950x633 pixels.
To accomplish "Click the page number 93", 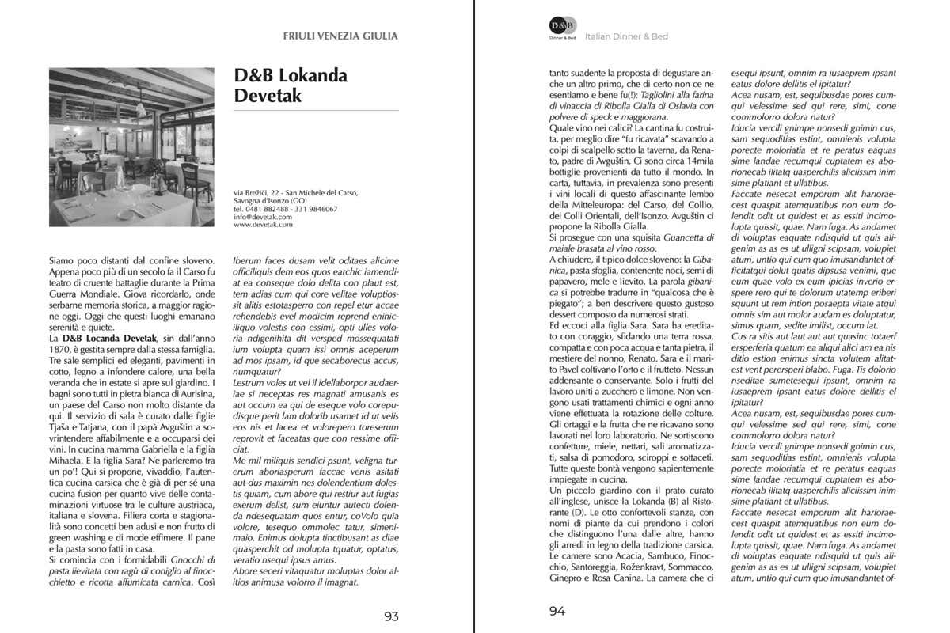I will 391,616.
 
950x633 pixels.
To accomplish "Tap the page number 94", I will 558,611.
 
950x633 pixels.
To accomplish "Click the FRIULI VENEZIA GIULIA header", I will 340,36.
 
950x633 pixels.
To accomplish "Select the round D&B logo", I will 563,26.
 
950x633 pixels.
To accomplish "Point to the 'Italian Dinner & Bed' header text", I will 626,36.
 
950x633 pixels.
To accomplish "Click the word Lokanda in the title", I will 313,76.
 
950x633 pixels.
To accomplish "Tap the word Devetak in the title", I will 268,97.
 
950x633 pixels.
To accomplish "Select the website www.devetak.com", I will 263,225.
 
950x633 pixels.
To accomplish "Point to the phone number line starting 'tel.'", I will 285,209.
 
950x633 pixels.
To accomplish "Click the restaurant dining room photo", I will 131,146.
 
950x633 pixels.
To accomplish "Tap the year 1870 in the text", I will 63,349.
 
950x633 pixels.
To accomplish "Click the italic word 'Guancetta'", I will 686,237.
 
